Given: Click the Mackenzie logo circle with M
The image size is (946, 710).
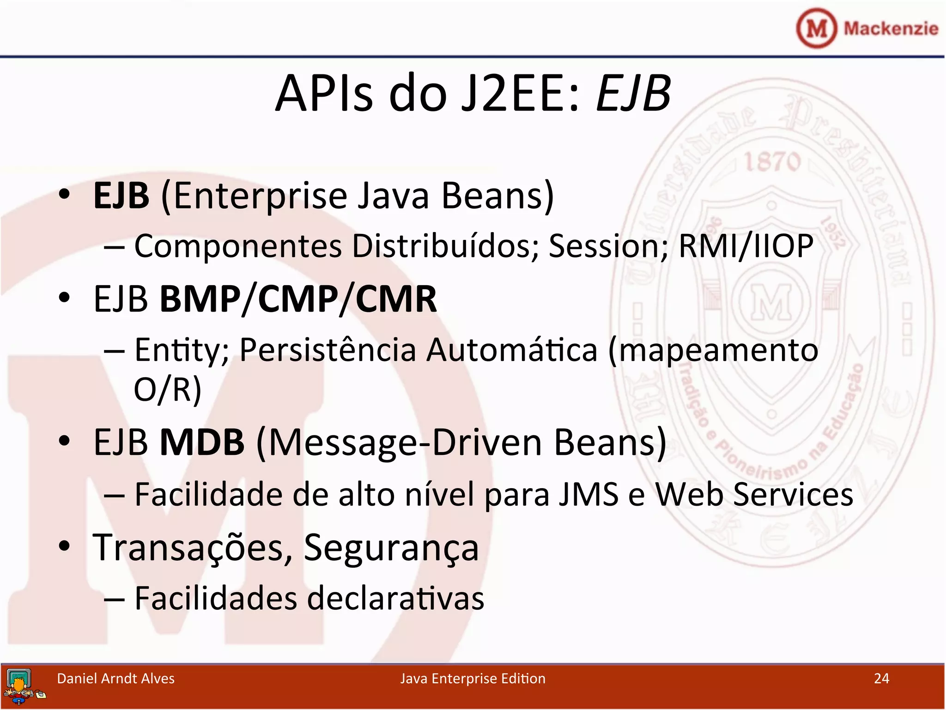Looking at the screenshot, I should [x=816, y=29].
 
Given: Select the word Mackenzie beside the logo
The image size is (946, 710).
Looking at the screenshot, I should [x=891, y=29].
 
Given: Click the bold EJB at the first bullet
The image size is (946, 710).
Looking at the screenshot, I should [x=121, y=196].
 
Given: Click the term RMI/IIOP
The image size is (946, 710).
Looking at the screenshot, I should [x=746, y=246].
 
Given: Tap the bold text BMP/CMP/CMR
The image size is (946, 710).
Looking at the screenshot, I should [x=298, y=300].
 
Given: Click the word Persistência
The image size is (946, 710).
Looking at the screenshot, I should [x=327, y=350].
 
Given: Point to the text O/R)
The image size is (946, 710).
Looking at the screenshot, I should [x=167, y=389].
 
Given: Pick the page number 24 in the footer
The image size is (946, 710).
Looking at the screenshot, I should [x=881, y=679].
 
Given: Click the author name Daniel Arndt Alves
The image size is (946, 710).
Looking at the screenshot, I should [x=115, y=679].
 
